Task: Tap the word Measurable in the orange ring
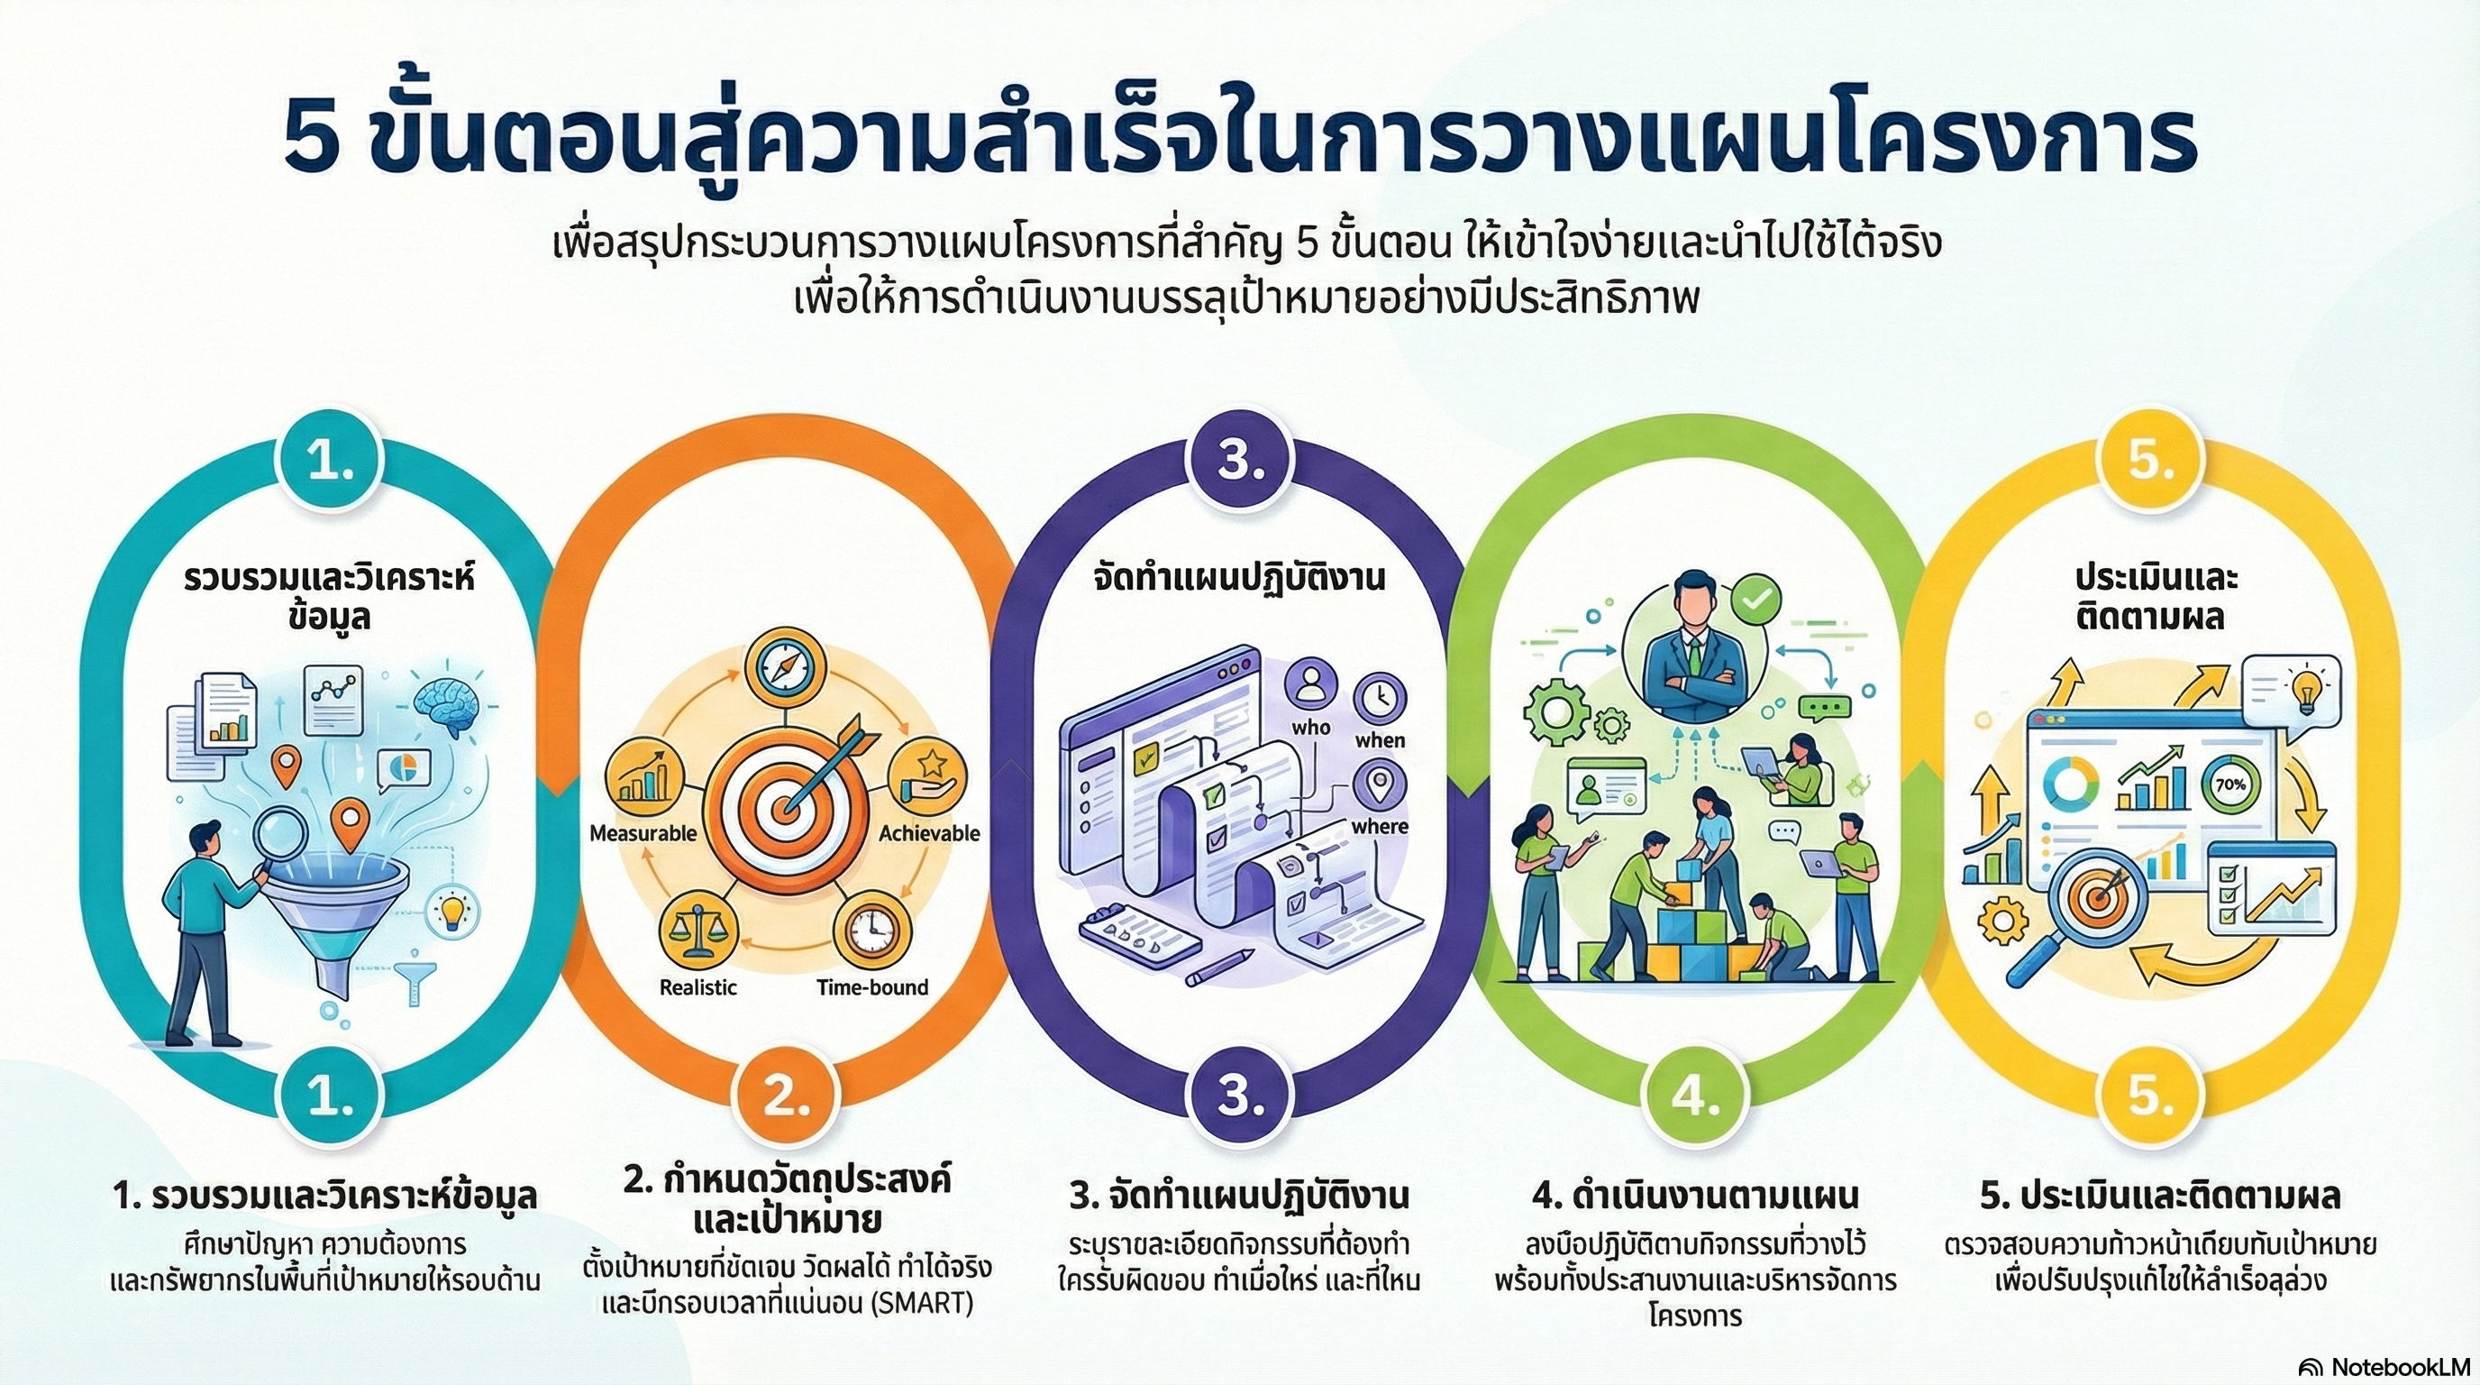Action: [643, 833]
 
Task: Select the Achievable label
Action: [929, 833]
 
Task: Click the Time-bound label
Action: [872, 986]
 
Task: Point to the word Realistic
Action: [698, 987]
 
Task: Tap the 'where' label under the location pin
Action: [1380, 826]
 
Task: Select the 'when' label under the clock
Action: [1380, 739]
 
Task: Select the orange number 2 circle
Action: [786, 1097]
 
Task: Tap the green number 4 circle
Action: [1695, 1097]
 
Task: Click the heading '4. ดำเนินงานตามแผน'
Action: [1695, 1197]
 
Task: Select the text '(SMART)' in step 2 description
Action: [921, 1303]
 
